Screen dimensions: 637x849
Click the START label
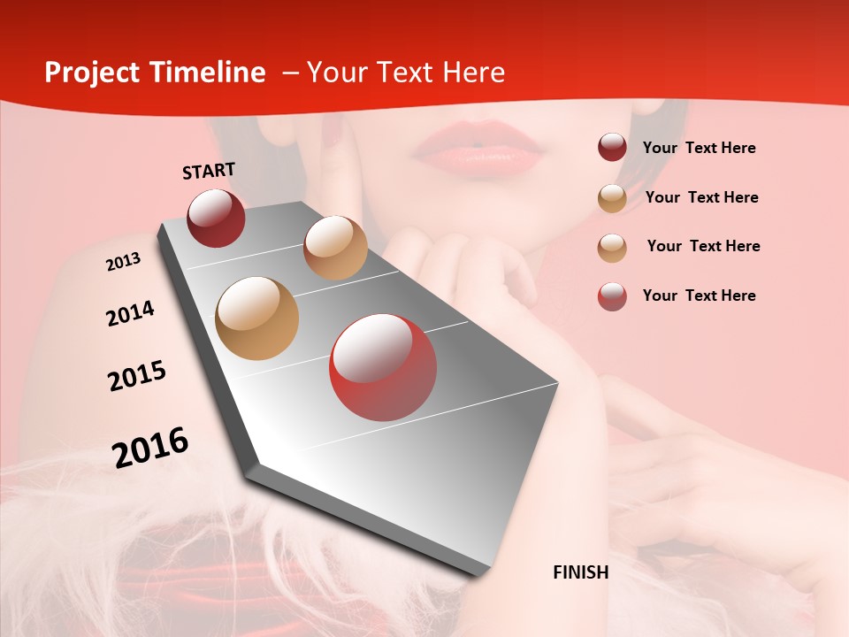(209, 171)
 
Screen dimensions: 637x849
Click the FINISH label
(581, 572)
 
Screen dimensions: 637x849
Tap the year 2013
(123, 262)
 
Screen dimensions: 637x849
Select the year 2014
(130, 313)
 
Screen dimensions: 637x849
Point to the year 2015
(137, 376)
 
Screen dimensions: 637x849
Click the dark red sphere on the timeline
(216, 218)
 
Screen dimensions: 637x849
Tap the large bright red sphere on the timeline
(383, 367)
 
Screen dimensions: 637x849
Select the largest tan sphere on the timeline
(257, 318)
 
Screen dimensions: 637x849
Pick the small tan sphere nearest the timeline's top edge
(335, 248)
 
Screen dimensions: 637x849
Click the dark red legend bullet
(612, 148)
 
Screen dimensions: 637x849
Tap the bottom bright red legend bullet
(612, 296)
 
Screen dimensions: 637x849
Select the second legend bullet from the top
(612, 198)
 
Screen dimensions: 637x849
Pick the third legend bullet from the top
(612, 248)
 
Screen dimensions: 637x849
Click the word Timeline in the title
(210, 73)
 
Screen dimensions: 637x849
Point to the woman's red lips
(478, 148)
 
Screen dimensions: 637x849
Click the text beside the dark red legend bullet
(699, 148)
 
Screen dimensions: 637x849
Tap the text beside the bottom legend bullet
(699, 295)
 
